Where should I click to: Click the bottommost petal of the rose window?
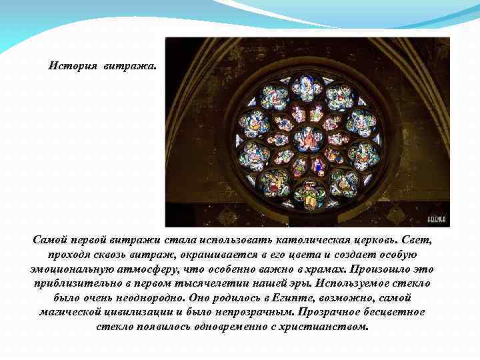click(307, 194)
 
